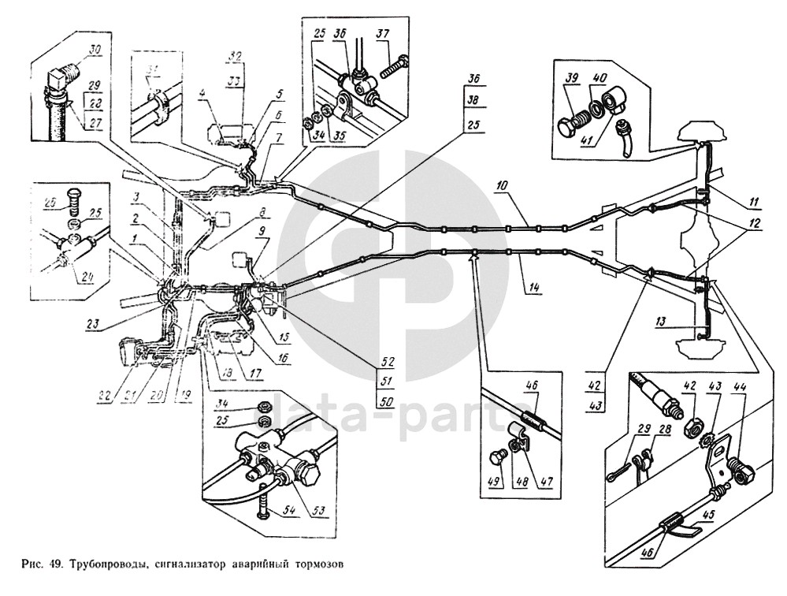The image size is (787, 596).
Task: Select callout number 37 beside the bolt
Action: point(384,34)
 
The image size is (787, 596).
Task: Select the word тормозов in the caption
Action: point(321,564)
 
